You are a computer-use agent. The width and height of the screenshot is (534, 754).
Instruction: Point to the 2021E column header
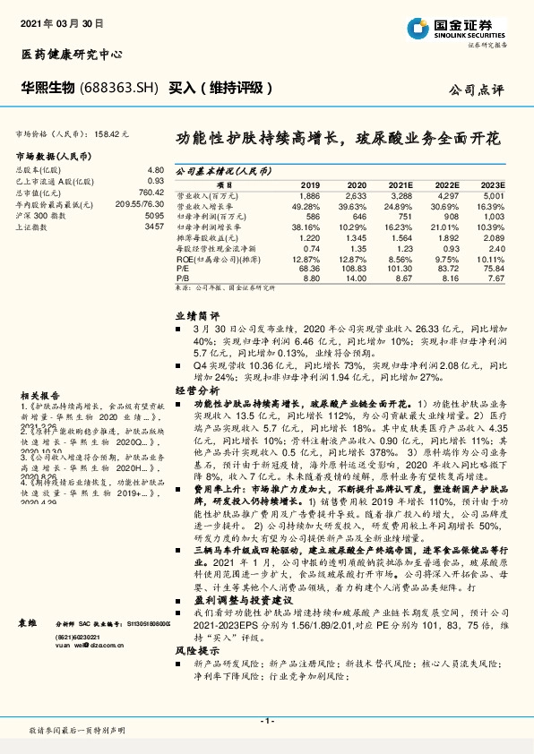coord(402,184)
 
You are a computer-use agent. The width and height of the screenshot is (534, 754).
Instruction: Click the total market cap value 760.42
coord(151,193)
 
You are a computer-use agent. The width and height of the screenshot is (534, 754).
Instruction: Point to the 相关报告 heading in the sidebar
coord(35,368)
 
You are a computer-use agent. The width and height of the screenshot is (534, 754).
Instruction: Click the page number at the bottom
coord(266,721)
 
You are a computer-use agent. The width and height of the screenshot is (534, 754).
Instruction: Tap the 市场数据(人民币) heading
coord(55,156)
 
